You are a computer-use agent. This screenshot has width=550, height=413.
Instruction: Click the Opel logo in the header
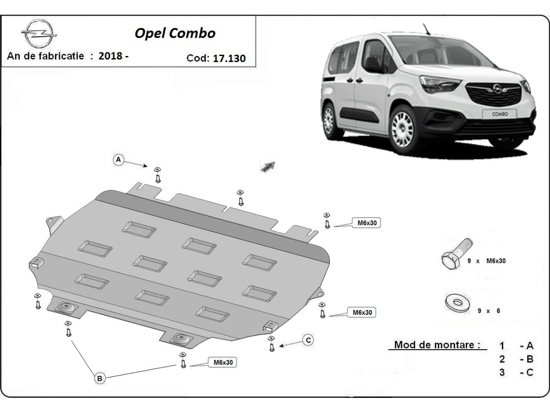(x=38, y=35)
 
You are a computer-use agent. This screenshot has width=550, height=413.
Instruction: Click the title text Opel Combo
(x=174, y=33)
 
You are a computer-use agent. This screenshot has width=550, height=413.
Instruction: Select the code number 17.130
(x=229, y=58)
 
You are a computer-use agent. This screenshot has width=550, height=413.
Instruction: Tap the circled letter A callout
(x=119, y=160)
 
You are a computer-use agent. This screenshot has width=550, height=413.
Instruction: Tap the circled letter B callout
(x=100, y=378)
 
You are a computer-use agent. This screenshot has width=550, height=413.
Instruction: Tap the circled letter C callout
(x=308, y=340)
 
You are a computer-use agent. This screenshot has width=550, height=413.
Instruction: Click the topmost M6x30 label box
(x=366, y=223)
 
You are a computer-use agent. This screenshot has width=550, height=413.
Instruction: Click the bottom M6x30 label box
(x=223, y=362)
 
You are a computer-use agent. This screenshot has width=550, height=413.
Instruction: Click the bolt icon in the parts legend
(x=456, y=254)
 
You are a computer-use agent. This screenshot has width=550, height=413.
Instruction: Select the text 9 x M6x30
(x=487, y=261)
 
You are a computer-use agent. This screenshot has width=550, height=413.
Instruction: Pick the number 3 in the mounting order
(x=502, y=372)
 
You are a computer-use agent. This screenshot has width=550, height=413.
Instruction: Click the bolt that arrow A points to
(x=158, y=176)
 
